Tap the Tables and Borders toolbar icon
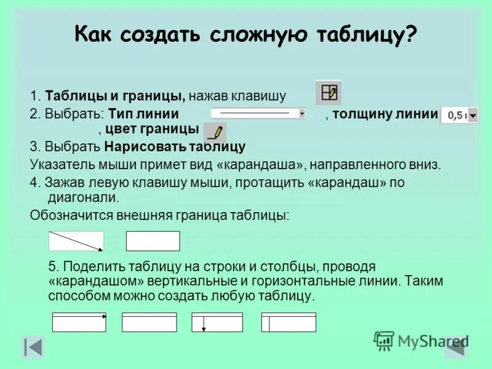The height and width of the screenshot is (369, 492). tap(328, 93)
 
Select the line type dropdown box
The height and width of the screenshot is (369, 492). tap(259, 114)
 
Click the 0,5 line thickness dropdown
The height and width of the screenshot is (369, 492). tap(459, 115)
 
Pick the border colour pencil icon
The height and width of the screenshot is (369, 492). tap(215, 132)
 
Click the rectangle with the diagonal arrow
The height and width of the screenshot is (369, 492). tap(76, 241)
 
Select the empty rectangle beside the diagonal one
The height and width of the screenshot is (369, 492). tap(153, 241)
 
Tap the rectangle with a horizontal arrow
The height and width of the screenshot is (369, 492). tap(79, 322)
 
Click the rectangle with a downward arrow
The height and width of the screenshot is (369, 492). tap(217, 322)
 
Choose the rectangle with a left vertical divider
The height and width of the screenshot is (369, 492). tap(288, 322)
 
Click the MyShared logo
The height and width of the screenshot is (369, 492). tap(421, 340)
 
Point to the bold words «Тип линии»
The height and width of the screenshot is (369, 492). tap(144, 114)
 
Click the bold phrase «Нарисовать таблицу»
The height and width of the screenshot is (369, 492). tap(175, 147)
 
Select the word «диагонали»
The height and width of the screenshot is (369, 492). tap(83, 197)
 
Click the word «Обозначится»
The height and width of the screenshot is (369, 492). tap(68, 215)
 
